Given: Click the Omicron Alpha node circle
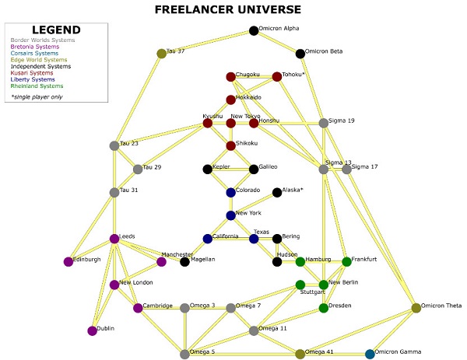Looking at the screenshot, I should tap(254, 31).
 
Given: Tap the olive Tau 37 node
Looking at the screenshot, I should tap(162, 54).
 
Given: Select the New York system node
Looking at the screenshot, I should tap(230, 215).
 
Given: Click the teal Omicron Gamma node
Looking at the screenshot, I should tap(370, 354).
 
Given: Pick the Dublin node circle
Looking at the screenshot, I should tap(93, 330).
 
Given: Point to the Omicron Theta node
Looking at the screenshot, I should tap(416, 308).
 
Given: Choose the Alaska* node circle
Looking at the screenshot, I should tap(277, 192).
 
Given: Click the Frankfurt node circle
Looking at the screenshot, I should tap(347, 261).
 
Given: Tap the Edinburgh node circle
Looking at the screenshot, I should tap(68, 261).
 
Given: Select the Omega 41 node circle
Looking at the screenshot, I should tap(300, 354).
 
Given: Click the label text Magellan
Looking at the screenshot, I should tap(202, 259).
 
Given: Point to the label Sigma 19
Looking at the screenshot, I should tap(342, 121).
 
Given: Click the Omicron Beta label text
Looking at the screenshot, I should tap(324, 51).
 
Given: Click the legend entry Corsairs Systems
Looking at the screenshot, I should tap(34, 53).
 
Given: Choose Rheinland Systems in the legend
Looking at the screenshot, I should tap(37, 87).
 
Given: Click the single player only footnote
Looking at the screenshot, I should tap(39, 97).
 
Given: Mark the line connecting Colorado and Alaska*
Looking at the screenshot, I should tap(254, 192).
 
